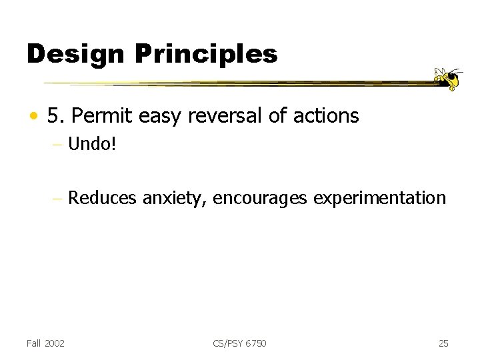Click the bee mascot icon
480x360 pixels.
tap(449, 79)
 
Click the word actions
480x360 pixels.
tap(326, 117)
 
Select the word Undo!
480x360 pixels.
tap(92, 143)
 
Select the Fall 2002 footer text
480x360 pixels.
tap(46, 343)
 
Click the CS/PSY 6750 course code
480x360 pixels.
tap(240, 343)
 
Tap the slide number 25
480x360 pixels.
tap(443, 343)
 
